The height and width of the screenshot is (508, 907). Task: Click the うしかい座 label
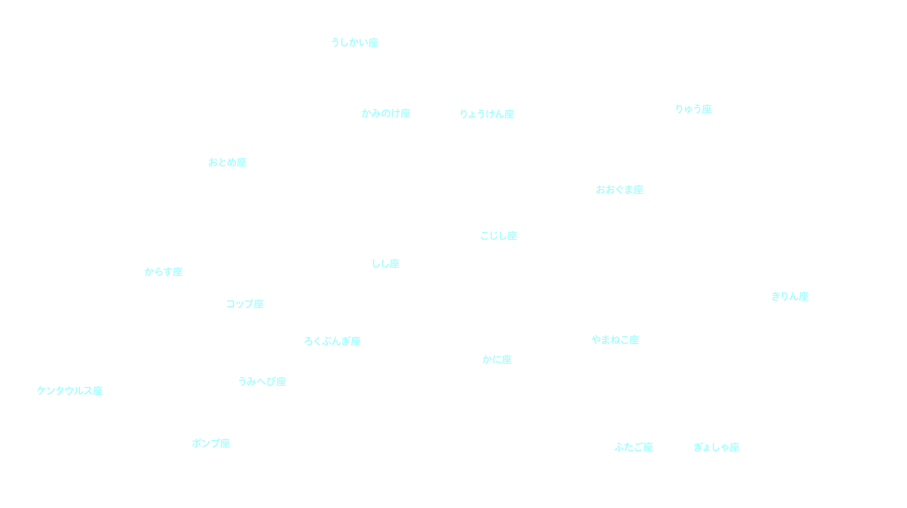coord(354,42)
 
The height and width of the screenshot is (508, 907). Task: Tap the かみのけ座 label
coord(386,113)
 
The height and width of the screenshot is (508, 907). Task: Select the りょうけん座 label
coord(487,114)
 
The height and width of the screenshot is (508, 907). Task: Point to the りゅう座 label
coord(693,109)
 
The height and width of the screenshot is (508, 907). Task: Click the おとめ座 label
coord(227,162)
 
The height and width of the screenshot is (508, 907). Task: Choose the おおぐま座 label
coord(619,189)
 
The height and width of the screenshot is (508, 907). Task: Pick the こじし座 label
coord(498,236)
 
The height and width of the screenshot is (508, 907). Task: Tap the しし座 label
coord(386,263)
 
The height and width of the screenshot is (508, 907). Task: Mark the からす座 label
coord(163,271)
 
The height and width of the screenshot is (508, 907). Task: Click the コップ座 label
coord(245,304)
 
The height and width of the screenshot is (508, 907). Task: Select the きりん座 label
coord(790,296)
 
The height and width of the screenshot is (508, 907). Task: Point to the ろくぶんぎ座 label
coord(332,341)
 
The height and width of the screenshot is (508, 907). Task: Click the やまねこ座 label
coord(615,340)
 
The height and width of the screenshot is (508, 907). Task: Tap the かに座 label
coord(497,359)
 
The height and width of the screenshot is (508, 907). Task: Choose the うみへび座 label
coord(262,381)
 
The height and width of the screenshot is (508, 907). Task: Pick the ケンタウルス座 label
coord(70,390)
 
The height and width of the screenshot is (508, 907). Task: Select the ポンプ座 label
coord(211,443)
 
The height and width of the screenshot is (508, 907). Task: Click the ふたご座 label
coord(633,447)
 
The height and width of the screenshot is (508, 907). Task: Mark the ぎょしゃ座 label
coord(716,447)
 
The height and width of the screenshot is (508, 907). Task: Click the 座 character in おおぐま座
coord(639,189)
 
